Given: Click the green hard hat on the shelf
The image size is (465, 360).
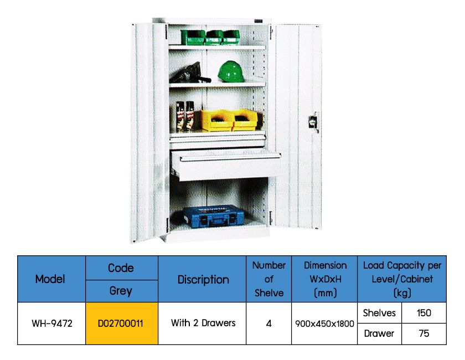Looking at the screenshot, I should (231, 71).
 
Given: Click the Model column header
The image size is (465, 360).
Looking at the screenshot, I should (50, 279).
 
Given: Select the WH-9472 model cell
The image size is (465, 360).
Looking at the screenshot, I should (50, 323).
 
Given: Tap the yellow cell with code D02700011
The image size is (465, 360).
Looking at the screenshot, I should (121, 323).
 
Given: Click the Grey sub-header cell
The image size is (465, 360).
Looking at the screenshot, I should (121, 291).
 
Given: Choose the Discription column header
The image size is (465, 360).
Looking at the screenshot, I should (203, 279).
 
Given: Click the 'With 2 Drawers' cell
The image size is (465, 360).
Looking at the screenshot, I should (203, 323).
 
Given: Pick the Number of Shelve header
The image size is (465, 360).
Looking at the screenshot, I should (268, 279).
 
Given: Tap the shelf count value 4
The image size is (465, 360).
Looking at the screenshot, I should (268, 323).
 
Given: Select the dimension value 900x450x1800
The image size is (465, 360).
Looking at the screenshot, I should (324, 323).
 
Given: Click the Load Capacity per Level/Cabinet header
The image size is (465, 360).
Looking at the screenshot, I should (402, 279).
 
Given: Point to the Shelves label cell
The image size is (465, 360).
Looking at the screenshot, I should (379, 313).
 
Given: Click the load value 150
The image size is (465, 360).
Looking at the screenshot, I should (423, 313).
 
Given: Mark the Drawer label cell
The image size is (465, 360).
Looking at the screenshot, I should (379, 334).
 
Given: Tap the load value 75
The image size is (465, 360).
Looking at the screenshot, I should (423, 334).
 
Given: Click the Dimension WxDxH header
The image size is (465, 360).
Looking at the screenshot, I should (324, 279).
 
